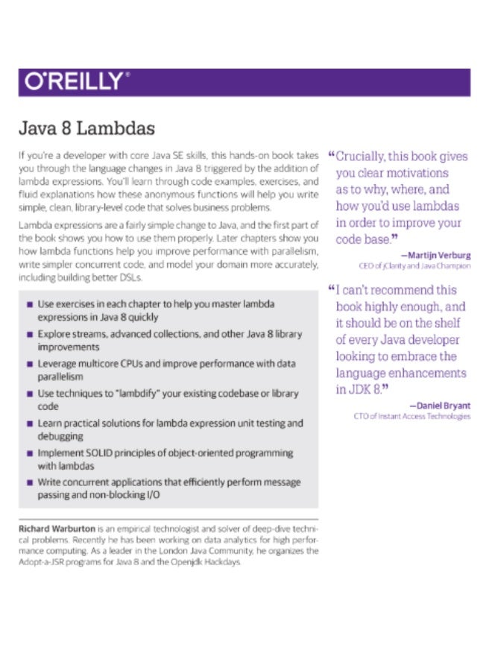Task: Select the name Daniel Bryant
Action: click(x=444, y=406)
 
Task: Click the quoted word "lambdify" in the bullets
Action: click(x=150, y=394)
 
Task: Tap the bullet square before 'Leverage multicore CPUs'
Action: click(x=29, y=365)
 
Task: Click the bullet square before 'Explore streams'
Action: click(x=29, y=335)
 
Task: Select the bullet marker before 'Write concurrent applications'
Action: click(x=29, y=483)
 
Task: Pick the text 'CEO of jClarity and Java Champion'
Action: click(x=414, y=266)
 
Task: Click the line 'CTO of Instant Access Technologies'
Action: click(x=412, y=416)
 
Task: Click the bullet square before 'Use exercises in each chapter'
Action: click(x=29, y=305)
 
